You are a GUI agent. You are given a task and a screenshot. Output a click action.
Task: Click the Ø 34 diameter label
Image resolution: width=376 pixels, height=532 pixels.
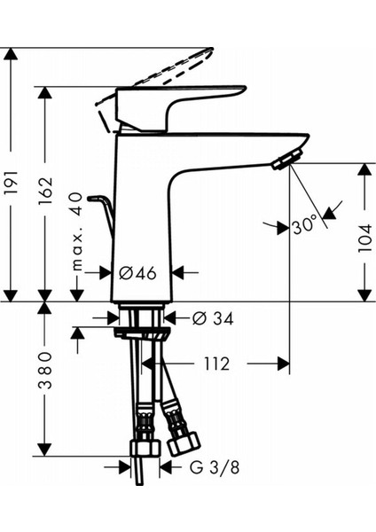[206, 317]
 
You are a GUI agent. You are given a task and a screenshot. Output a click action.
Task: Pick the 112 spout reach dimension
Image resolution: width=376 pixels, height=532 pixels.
[215, 364]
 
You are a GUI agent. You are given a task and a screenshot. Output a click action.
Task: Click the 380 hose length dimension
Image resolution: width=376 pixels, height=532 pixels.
[46, 379]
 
